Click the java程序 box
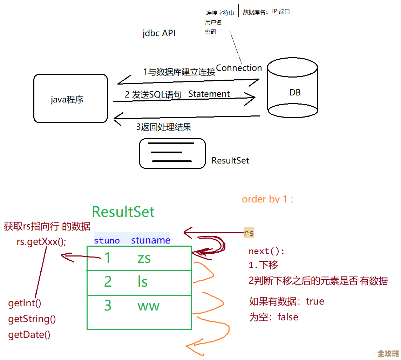point(70,99)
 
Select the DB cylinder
point(292,90)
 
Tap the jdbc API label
point(159,34)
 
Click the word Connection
point(239,68)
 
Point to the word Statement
point(209,94)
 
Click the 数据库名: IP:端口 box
point(268,11)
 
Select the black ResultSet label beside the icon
point(230,161)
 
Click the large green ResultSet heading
point(123,212)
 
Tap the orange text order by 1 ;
point(268,199)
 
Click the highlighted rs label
point(249,233)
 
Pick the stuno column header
point(107,241)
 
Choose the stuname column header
point(151,241)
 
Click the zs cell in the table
point(144,258)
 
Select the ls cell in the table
point(143,282)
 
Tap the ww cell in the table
point(148,306)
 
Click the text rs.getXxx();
point(41,242)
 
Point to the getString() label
point(32,319)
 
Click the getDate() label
point(29,335)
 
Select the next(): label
point(267,251)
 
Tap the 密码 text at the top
point(211,32)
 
